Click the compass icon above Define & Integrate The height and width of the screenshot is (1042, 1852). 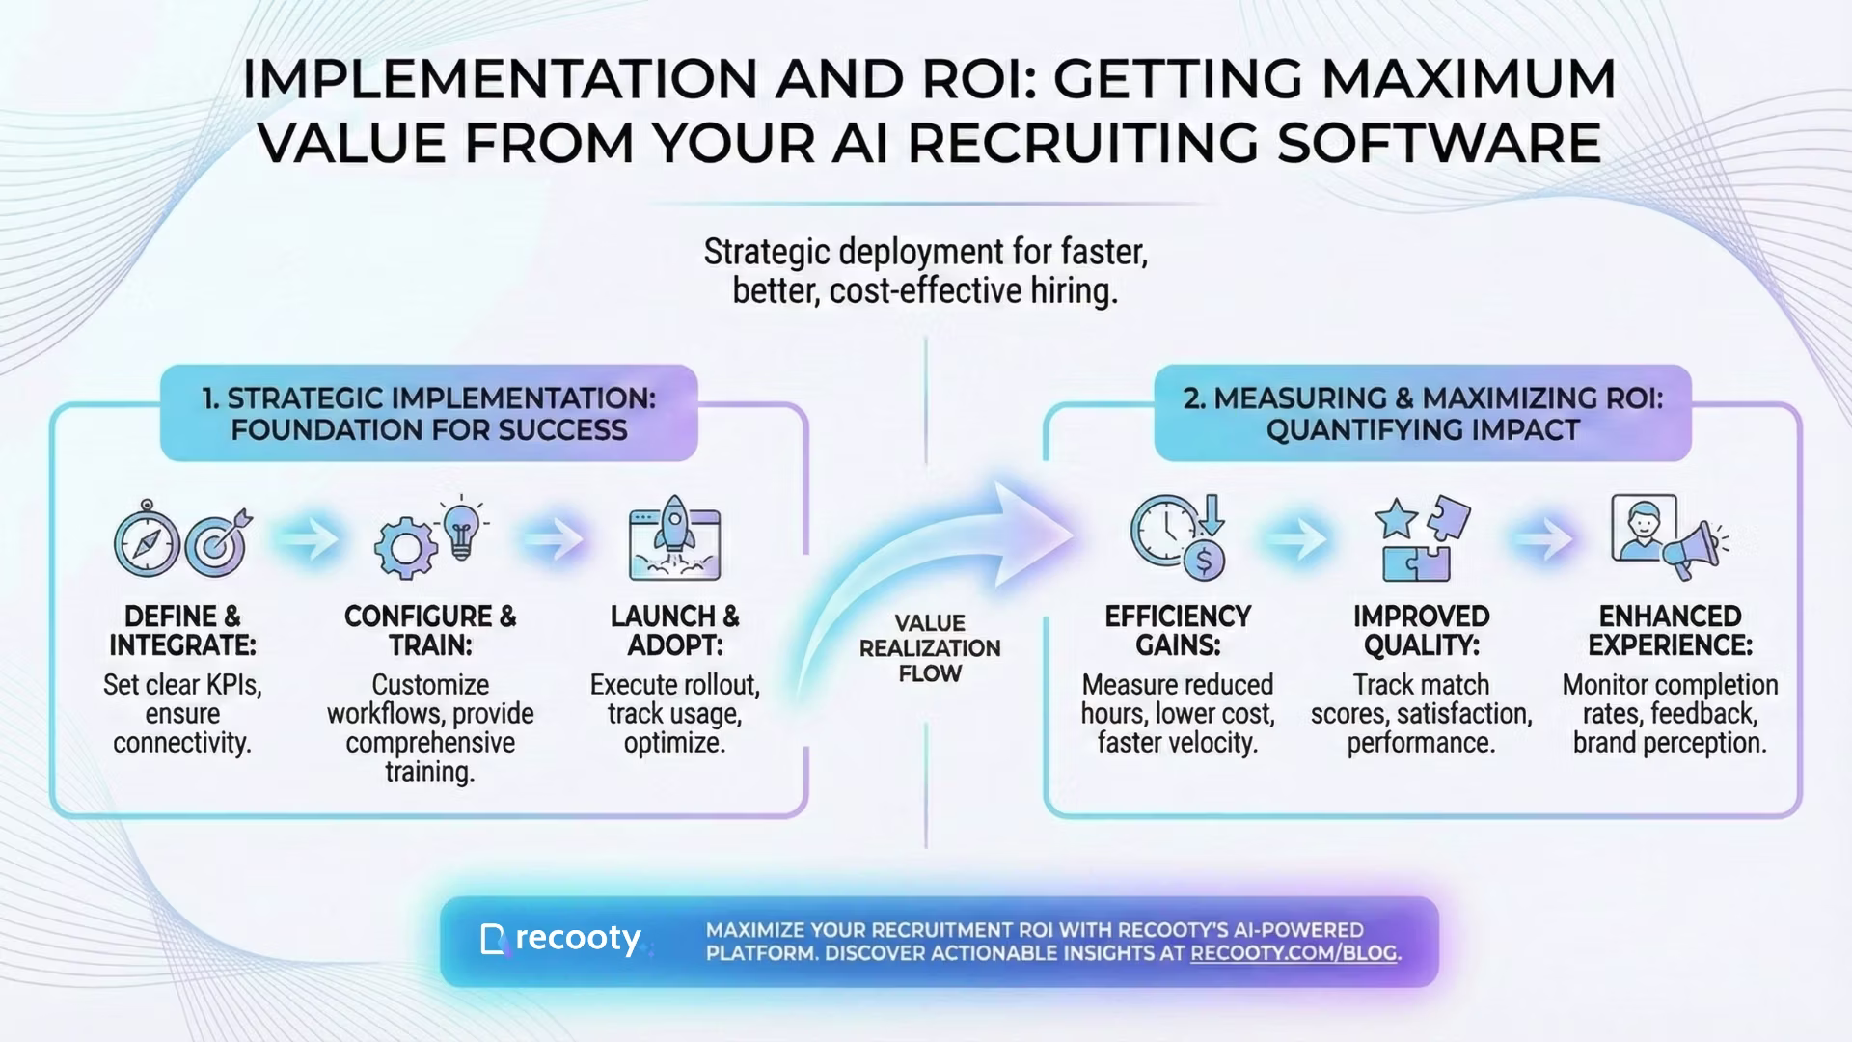(x=147, y=540)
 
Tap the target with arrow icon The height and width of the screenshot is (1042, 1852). (x=218, y=542)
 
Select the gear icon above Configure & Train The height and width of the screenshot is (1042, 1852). (x=404, y=547)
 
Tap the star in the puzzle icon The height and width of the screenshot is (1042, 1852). (x=1396, y=519)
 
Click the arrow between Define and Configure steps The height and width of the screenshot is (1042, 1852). (x=309, y=539)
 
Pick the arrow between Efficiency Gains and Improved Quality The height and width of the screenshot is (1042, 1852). (x=1297, y=539)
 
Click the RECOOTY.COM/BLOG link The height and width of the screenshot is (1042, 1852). (x=1293, y=953)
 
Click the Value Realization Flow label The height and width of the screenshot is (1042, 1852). (x=930, y=648)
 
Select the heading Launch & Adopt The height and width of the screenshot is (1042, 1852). (x=674, y=630)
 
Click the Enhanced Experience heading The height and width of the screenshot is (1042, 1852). (x=1670, y=630)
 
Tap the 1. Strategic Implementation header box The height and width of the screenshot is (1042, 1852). (x=429, y=413)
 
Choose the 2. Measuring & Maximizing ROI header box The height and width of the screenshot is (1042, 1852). (x=1423, y=413)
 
